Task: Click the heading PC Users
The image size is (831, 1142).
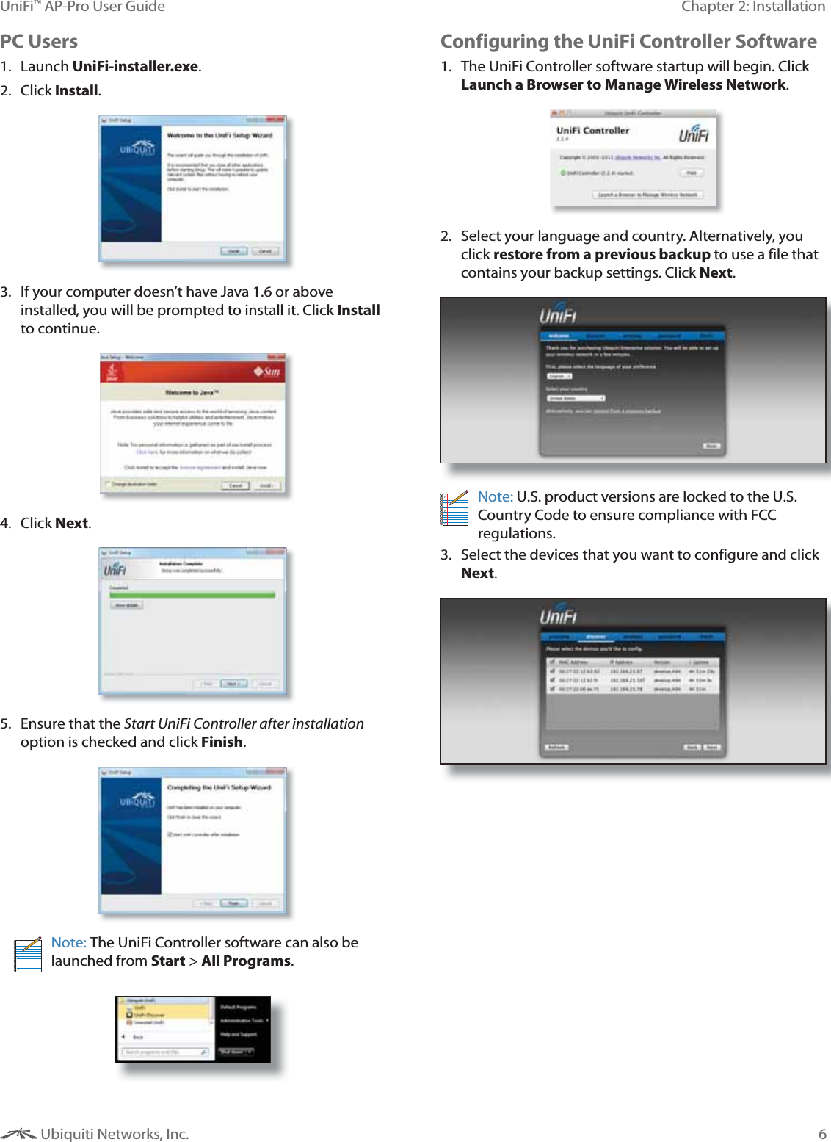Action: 39,42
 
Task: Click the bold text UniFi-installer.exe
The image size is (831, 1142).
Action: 135,67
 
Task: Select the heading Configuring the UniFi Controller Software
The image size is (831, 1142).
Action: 628,42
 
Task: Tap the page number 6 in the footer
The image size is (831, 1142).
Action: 822,1134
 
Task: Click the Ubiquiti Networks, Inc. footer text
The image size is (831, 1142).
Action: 115,1134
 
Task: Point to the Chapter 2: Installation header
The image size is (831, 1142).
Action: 753,7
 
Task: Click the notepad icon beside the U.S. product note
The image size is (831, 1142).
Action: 454,508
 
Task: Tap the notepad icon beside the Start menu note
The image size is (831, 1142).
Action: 28,955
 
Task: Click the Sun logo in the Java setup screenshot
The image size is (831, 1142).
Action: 267,372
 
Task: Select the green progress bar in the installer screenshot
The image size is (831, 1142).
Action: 192,595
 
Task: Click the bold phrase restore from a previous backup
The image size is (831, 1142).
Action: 601,255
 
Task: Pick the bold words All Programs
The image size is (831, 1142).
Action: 246,961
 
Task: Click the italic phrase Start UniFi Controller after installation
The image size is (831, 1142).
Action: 244,724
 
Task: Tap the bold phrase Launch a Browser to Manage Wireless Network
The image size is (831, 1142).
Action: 623,85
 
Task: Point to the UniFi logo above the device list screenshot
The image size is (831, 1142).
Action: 559,615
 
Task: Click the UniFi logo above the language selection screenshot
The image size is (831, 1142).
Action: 558,314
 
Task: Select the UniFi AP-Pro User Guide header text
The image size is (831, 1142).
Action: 82,7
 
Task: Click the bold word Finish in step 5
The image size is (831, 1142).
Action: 222,742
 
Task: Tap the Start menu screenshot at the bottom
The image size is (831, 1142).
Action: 193,1030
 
